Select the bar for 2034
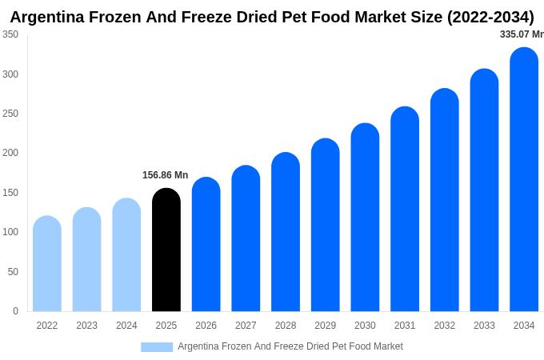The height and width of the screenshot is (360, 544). click(x=524, y=180)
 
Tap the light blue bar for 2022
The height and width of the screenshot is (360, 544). click(x=47, y=264)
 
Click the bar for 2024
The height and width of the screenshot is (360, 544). click(x=126, y=255)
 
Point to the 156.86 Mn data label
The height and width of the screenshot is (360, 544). click(x=165, y=175)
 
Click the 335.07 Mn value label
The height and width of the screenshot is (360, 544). click(x=522, y=34)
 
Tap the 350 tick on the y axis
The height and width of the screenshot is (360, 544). click(x=10, y=34)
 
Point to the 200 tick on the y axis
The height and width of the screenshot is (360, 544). click(x=10, y=153)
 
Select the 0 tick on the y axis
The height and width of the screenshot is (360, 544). click(x=15, y=311)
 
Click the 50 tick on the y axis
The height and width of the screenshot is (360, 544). click(x=13, y=272)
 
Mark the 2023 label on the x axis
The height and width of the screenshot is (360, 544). click(x=86, y=326)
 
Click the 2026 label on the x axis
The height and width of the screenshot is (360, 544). click(x=206, y=326)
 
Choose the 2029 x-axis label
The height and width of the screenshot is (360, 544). click(x=325, y=326)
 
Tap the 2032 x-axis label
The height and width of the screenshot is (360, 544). click(x=444, y=326)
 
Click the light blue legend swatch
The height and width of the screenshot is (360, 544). click(x=157, y=347)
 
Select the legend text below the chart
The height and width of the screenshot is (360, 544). click(x=290, y=346)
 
